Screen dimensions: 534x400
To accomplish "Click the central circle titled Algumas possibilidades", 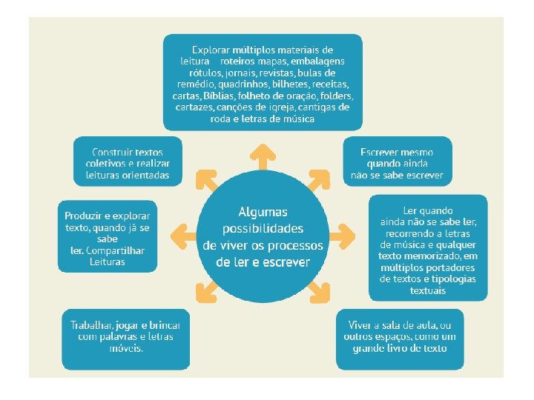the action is (263, 237).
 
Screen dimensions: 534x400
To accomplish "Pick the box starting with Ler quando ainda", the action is (428, 247).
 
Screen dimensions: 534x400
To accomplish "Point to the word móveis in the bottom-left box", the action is (125, 348).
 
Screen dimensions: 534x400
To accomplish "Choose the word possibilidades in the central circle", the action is (263, 229).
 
